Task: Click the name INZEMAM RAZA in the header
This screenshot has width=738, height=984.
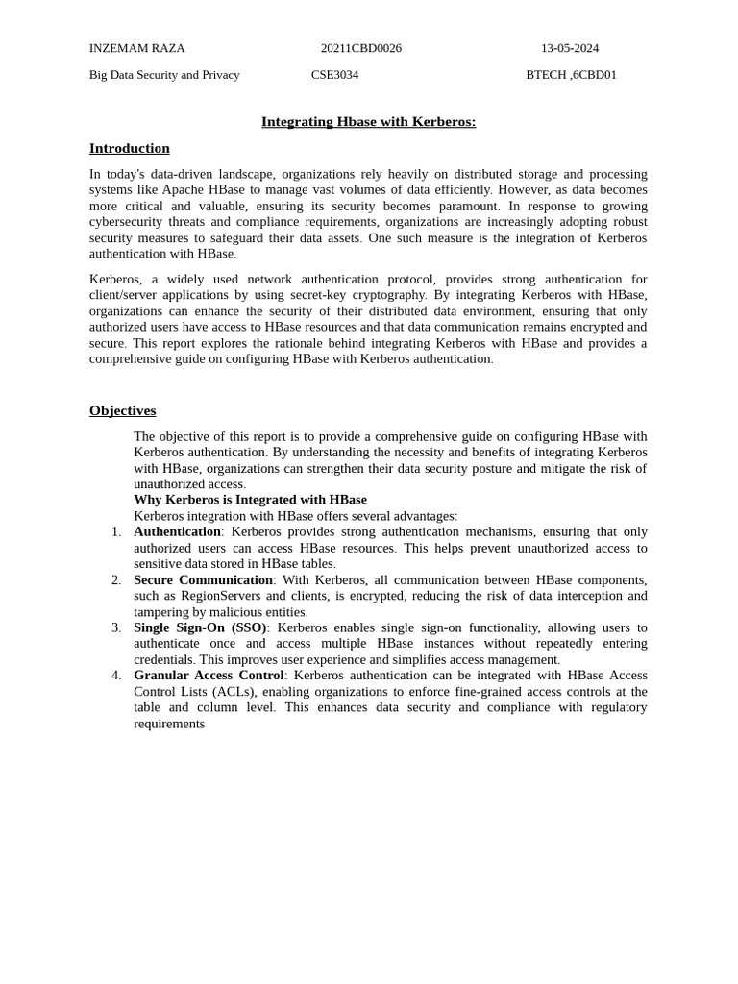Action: [136, 48]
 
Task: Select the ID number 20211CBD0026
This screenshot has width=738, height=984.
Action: [361, 48]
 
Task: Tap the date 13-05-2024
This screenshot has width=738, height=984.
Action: [569, 48]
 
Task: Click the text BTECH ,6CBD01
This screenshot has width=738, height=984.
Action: [571, 75]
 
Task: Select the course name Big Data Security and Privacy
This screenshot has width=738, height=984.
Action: [164, 75]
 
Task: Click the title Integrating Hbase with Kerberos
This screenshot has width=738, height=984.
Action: [368, 122]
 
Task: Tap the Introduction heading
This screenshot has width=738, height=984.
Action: [129, 148]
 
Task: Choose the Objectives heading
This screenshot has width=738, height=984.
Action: [122, 410]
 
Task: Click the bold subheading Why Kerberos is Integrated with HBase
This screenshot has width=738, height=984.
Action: [250, 500]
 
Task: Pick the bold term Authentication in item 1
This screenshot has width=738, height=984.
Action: [177, 531]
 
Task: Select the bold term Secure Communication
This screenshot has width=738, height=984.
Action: [203, 579]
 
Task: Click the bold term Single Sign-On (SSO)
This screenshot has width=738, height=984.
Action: [200, 627]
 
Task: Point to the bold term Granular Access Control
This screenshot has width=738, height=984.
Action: [209, 676]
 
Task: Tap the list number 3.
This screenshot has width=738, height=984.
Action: [116, 627]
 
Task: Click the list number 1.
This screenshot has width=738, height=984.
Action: [116, 531]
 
